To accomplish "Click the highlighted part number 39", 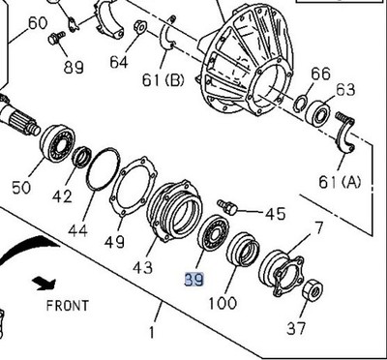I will pyautogui.click(x=193, y=279).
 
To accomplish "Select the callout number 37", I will pyautogui.click(x=297, y=328).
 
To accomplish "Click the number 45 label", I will pyautogui.click(x=275, y=214).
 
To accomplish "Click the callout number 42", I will pyautogui.click(x=62, y=197).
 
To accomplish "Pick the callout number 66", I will pyautogui.click(x=320, y=73).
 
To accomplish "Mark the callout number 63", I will pyautogui.click(x=345, y=90).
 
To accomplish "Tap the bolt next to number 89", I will pyautogui.click(x=58, y=37).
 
